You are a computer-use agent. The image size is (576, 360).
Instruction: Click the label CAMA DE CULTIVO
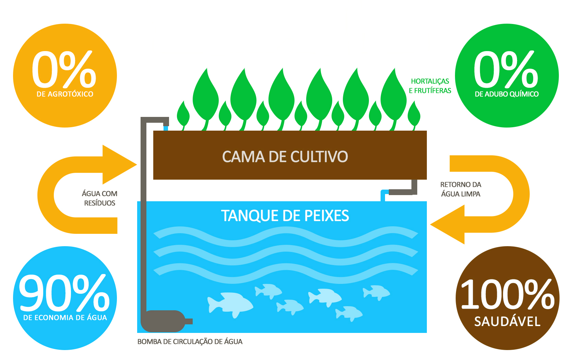click(x=285, y=157)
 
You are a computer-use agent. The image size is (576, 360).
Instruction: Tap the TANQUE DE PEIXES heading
click(x=285, y=216)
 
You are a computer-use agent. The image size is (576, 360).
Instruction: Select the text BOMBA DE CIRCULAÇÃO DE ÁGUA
click(x=190, y=342)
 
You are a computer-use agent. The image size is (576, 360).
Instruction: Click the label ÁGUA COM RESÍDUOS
click(x=99, y=199)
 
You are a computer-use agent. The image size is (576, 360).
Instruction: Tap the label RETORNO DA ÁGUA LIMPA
click(x=460, y=189)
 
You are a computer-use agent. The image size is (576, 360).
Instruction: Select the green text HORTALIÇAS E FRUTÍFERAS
click(x=430, y=86)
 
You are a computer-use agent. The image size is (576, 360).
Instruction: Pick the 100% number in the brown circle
click(x=507, y=294)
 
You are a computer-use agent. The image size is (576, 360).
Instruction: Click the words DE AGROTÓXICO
click(x=65, y=94)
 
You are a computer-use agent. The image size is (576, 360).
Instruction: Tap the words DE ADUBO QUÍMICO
click(x=506, y=94)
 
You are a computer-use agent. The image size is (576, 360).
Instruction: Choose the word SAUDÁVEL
click(x=507, y=322)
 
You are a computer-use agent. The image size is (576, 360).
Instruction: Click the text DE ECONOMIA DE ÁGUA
click(x=65, y=318)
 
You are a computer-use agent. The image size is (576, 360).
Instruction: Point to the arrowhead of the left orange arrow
click(x=120, y=165)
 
